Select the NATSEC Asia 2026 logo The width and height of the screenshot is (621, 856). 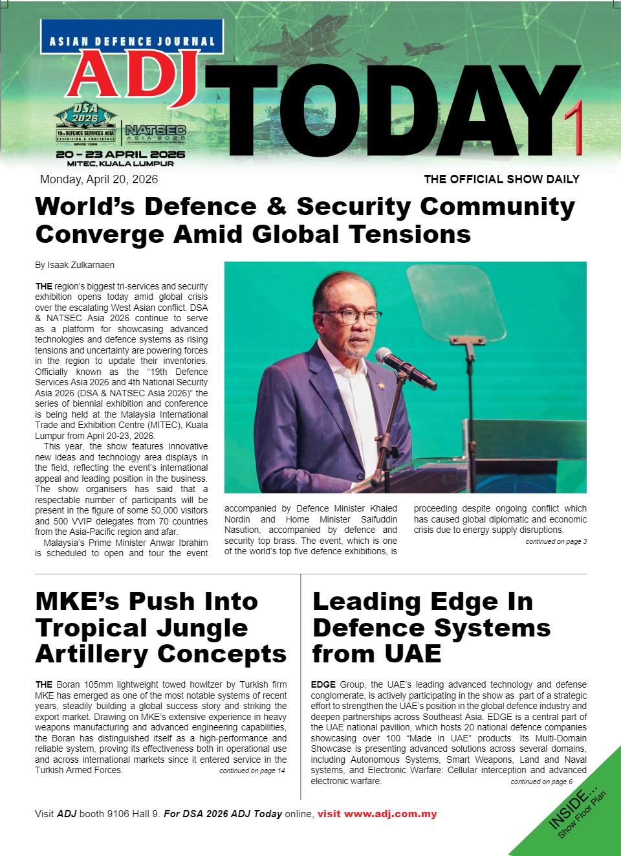click(x=155, y=133)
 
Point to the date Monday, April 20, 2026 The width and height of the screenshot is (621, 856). click(x=99, y=179)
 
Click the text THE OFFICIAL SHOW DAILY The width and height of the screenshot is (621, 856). click(x=501, y=179)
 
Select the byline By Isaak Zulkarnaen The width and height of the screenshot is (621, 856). click(x=74, y=265)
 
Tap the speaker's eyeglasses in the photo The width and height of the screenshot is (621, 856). click(x=350, y=317)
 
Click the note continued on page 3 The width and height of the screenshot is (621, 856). click(x=556, y=541)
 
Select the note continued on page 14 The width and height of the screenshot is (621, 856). click(x=252, y=771)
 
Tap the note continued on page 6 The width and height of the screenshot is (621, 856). click(x=541, y=782)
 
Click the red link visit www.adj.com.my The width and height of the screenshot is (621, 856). click(x=377, y=814)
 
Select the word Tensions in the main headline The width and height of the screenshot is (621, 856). click(x=409, y=234)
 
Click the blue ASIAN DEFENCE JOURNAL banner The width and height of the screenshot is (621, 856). click(x=132, y=41)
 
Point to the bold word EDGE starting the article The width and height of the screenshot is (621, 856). click(x=323, y=684)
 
